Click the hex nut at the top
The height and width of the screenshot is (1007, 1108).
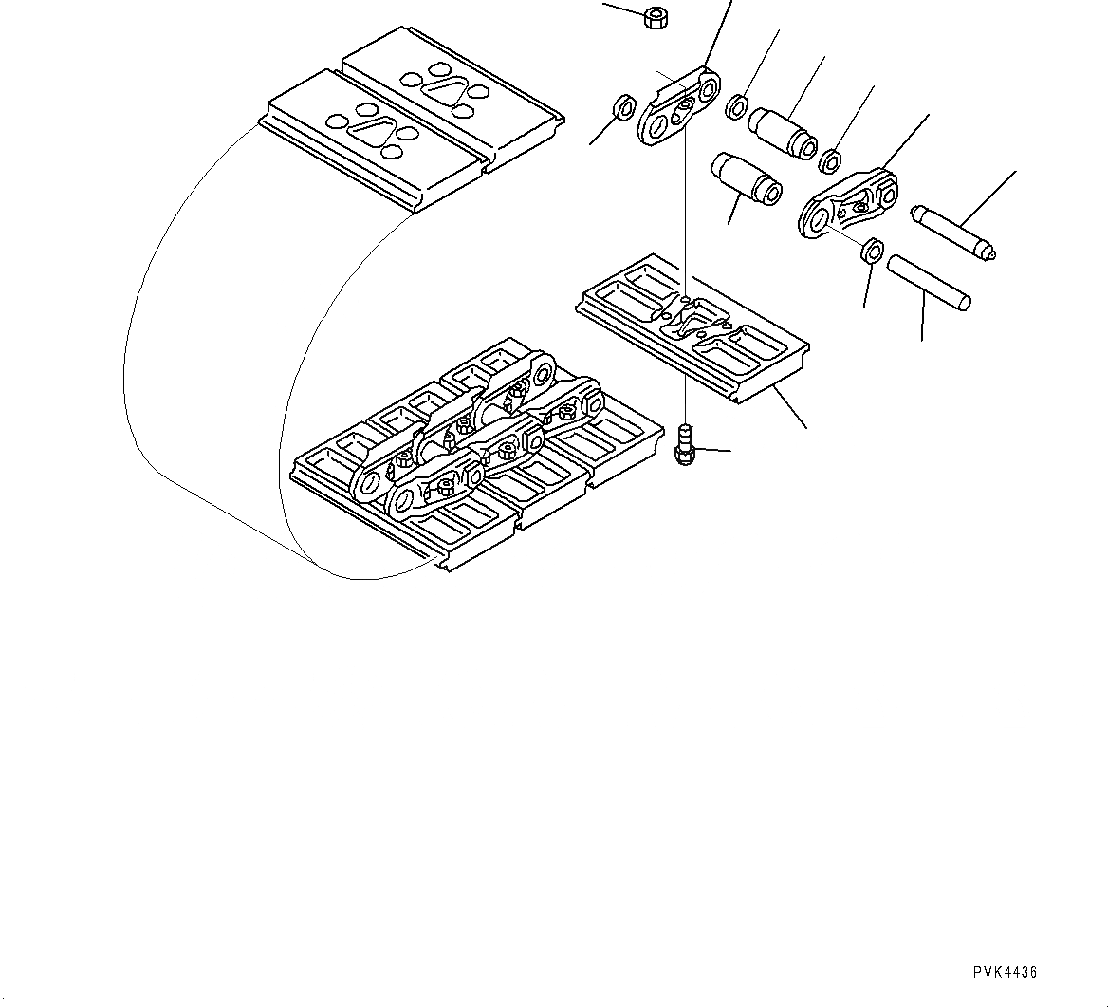[655, 17]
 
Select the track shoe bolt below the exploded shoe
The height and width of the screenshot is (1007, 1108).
[684, 446]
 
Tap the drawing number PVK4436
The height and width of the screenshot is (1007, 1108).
[1005, 972]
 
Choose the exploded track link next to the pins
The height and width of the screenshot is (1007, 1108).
[849, 205]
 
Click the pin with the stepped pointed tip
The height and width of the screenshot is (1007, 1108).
[952, 231]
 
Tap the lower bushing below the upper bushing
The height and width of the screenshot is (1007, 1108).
[746, 177]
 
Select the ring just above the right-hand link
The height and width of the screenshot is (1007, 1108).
[830, 159]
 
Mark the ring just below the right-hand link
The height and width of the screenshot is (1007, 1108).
[872, 252]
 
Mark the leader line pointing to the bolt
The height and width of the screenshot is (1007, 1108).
[713, 450]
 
